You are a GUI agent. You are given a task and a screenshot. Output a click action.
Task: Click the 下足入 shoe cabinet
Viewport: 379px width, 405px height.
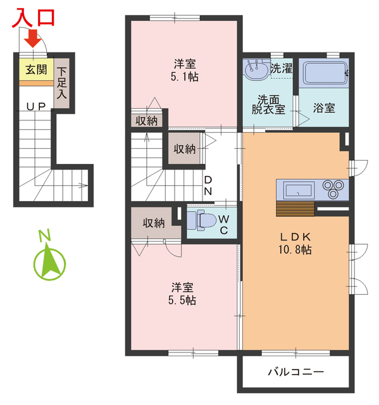click(x=61, y=82)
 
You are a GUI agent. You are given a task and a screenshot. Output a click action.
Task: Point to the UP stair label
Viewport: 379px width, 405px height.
click(x=35, y=106)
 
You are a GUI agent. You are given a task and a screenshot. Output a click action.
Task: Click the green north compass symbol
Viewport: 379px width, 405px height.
click(x=49, y=259)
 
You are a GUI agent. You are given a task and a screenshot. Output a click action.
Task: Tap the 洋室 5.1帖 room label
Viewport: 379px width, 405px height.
click(x=185, y=70)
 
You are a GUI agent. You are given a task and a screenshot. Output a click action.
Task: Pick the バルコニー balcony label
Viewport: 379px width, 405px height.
click(x=295, y=371)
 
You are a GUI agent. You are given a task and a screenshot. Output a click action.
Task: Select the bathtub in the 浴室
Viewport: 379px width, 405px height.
click(x=325, y=76)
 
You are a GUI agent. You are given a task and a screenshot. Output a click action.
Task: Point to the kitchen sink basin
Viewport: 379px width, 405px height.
click(x=298, y=189)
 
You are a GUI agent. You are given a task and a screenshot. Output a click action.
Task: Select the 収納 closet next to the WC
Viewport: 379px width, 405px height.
click(x=153, y=223)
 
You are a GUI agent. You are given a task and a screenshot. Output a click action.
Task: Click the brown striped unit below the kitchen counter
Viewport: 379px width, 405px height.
click(x=295, y=209)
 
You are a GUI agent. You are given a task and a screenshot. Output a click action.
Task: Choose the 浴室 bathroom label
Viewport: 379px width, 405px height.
click(x=324, y=108)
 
